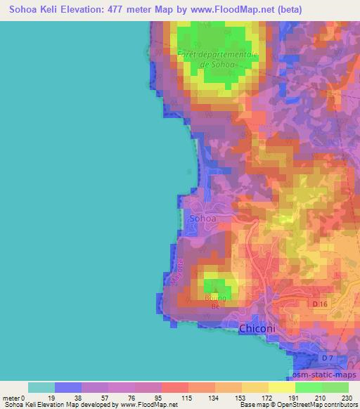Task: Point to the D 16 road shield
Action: click(320, 304)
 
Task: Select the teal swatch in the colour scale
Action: click(41, 387)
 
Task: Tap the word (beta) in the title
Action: click(339, 11)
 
